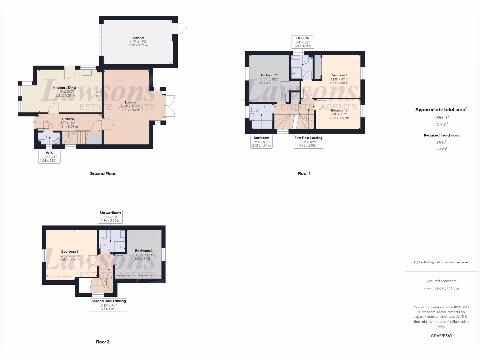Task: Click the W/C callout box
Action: click(x=49, y=156)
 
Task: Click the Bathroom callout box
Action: click(x=262, y=142)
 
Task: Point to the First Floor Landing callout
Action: click(x=308, y=142)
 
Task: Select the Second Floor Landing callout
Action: click(x=109, y=305)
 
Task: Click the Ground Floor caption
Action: click(x=102, y=173)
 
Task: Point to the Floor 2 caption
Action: click(x=102, y=342)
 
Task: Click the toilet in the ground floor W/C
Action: click(x=44, y=138)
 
